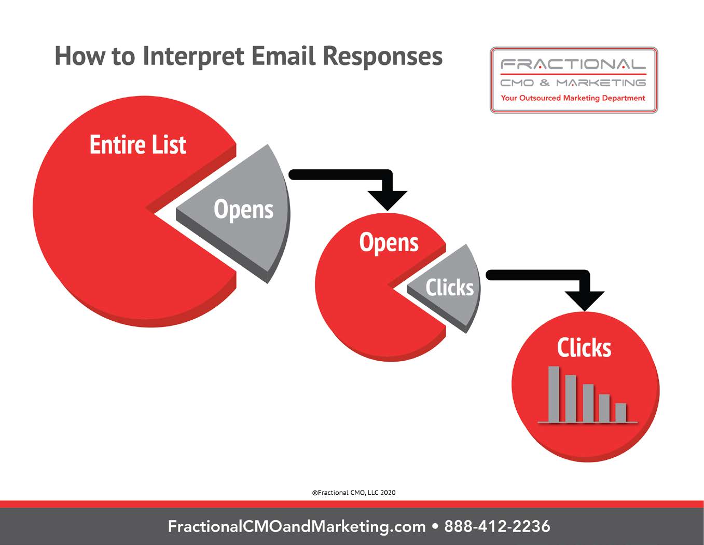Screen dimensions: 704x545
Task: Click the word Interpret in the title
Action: [193, 57]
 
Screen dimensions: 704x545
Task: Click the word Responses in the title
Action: [383, 57]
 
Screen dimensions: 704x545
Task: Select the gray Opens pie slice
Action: [237, 214]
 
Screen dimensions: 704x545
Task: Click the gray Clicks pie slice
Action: [449, 289]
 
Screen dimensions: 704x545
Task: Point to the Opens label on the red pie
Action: [389, 243]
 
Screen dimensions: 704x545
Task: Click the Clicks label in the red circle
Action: [584, 348]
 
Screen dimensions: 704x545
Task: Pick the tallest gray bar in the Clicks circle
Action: [554, 394]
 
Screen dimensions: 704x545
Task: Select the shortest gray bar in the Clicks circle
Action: [621, 413]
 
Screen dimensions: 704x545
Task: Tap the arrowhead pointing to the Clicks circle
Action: [585, 301]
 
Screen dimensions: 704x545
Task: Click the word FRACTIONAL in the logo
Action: [573, 64]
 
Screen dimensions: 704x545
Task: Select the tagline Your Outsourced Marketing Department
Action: [573, 98]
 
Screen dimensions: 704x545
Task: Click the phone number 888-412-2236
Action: [497, 526]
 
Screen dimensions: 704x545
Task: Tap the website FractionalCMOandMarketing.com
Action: [297, 527]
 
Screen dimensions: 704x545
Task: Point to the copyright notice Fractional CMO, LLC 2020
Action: [354, 493]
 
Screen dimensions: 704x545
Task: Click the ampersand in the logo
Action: [545, 83]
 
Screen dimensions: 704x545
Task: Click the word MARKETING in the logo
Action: [601, 83]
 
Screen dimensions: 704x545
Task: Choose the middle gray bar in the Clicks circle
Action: [588, 403]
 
